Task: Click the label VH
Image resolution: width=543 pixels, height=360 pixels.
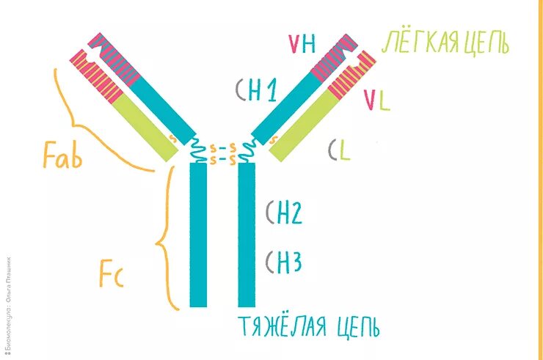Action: (302, 45)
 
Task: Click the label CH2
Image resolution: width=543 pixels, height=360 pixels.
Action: (283, 213)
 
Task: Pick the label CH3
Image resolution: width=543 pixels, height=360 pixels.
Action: (283, 261)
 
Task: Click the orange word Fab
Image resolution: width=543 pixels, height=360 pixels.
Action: (62, 155)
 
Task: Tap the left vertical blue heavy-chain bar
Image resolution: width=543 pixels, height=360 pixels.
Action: (198, 235)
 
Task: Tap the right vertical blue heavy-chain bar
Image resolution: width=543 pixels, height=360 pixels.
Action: (247, 235)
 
